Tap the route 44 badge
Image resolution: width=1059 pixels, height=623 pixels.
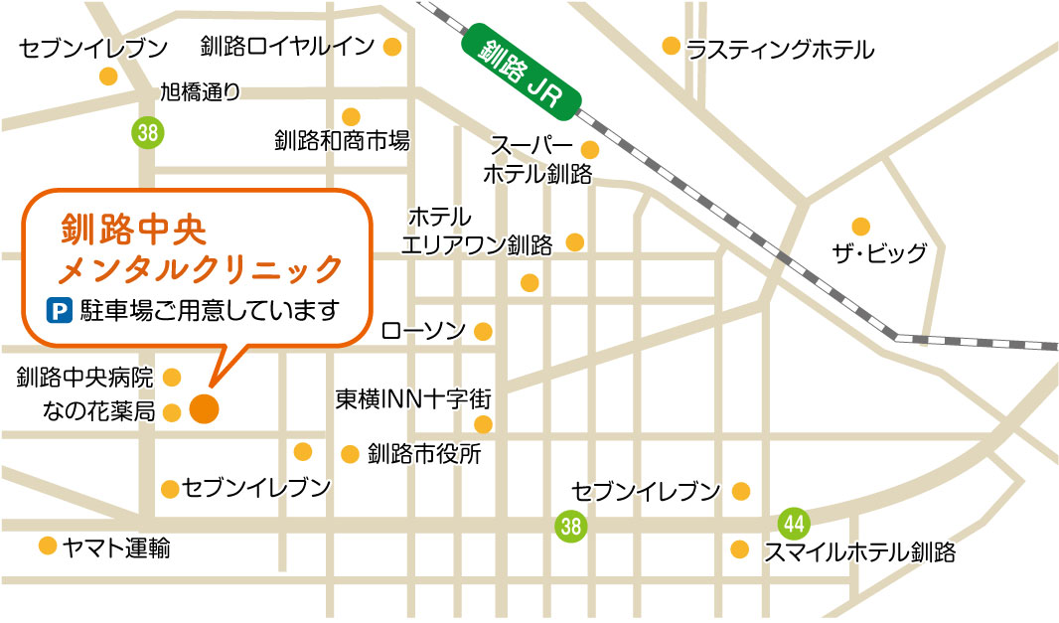(x=794, y=521)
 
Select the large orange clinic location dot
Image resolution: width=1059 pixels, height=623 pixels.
(x=204, y=408)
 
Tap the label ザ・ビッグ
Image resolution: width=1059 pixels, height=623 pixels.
(x=879, y=253)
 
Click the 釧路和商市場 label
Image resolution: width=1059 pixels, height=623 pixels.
(x=342, y=141)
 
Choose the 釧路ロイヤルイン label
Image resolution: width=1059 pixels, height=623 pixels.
(x=287, y=46)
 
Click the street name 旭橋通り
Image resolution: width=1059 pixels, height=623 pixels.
(x=200, y=92)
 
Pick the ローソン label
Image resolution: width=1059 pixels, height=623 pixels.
(x=423, y=331)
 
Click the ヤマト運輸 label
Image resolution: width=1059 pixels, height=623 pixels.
(x=115, y=546)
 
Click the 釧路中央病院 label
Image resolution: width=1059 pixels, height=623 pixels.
(x=85, y=378)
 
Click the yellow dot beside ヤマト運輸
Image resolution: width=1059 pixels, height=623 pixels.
(x=47, y=545)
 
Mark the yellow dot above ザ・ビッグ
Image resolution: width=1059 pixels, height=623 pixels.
(x=860, y=227)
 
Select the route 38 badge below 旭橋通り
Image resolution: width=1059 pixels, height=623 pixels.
(x=147, y=130)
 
